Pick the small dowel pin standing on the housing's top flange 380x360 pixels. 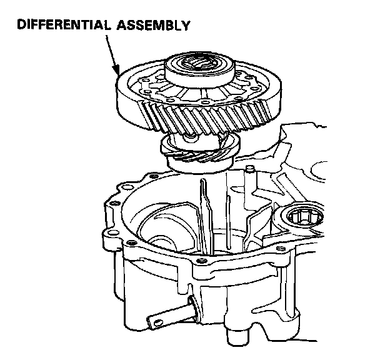(x=250, y=170)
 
